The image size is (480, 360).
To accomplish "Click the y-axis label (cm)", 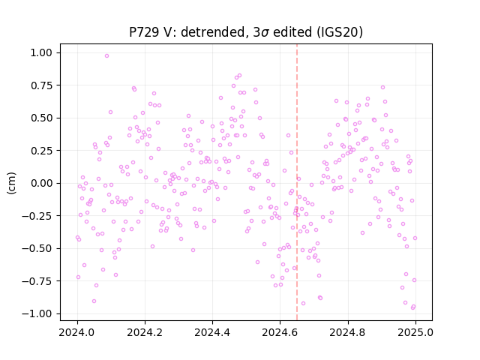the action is pos(11,183).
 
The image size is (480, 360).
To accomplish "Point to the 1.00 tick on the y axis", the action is pos(41,52).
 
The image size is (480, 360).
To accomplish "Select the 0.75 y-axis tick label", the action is pos(41,85).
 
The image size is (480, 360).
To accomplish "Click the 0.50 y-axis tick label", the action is pos(41,118).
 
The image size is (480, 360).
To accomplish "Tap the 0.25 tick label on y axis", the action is pos(41,151).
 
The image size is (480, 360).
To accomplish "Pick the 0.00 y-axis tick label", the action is pos(41,183).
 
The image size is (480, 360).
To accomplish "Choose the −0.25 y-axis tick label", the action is pos(37,216).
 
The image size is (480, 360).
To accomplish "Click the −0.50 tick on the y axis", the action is pos(37,248).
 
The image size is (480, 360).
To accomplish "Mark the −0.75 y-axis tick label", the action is pos(37,281).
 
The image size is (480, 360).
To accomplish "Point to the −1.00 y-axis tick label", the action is pos(37,313).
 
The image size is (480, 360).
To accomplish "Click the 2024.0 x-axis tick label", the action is pos(77,332).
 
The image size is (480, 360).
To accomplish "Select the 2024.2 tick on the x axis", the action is pos(145,332).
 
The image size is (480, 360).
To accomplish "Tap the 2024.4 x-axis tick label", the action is pos(212,332).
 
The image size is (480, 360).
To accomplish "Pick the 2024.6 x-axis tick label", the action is pos(280,332).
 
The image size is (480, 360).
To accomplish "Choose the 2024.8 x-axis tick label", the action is pos(348,332).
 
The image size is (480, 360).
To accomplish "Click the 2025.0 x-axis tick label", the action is pos(415,332).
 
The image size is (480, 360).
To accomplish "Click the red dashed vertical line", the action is pos(297,182).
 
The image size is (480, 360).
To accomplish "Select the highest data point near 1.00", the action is pos(106,56).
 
